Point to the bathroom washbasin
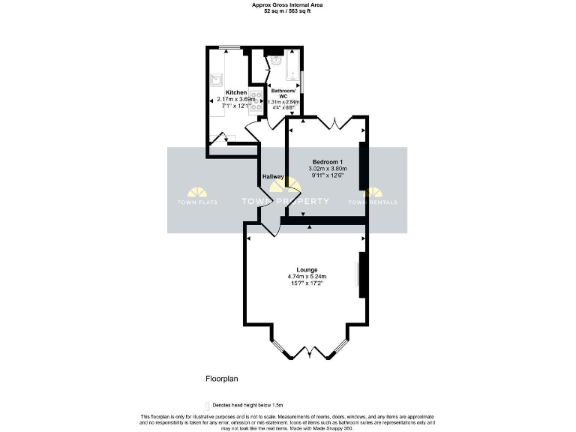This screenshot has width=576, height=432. click(x=276, y=62)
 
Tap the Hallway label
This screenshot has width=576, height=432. click(x=272, y=177)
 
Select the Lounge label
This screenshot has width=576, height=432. click(x=307, y=270)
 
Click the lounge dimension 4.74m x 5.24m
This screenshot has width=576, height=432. click(x=307, y=277)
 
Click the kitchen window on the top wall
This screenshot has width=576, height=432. click(x=229, y=49)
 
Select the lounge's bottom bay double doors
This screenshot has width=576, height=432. click(x=308, y=350)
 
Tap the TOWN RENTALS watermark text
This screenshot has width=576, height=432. click(x=373, y=202)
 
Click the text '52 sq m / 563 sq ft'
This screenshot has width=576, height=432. click(x=287, y=11)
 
